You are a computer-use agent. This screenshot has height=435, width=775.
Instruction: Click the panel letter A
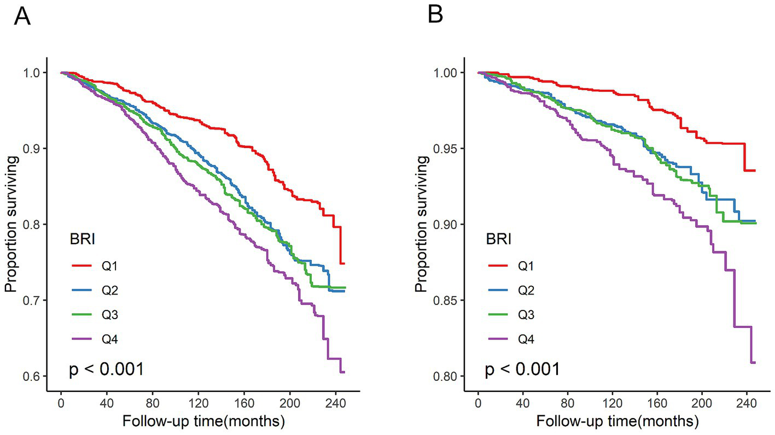(x=22, y=17)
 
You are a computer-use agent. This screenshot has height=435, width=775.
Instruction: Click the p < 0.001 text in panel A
(x=107, y=370)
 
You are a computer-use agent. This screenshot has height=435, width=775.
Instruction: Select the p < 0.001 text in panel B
(x=523, y=370)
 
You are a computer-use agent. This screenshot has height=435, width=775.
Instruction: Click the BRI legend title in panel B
(x=498, y=239)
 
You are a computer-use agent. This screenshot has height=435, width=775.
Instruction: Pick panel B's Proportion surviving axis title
(x=421, y=225)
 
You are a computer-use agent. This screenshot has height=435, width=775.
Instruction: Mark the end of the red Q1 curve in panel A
(x=345, y=263)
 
